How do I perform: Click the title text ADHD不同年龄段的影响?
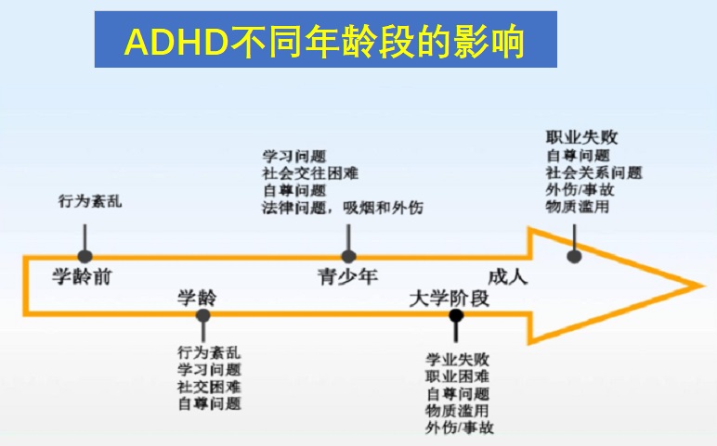click(324, 42)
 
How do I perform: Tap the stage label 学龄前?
click(82, 276)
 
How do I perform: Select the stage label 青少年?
click(347, 276)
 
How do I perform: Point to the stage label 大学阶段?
click(449, 299)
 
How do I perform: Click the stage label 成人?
click(508, 276)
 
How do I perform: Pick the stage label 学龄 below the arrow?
click(197, 298)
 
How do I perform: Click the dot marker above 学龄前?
click(85, 257)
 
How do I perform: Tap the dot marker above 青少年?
click(349, 257)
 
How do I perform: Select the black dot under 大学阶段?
click(456, 315)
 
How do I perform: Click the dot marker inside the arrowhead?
click(574, 257)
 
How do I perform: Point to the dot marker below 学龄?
click(202, 315)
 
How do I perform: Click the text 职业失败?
click(581, 138)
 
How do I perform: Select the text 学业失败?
click(458, 360)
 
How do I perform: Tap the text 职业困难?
click(458, 376)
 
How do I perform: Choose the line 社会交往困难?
click(310, 173)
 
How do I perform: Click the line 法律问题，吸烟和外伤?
click(343, 208)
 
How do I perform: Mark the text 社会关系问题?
click(594, 172)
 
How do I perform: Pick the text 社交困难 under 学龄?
click(209, 387)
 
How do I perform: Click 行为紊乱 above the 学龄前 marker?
click(90, 201)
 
